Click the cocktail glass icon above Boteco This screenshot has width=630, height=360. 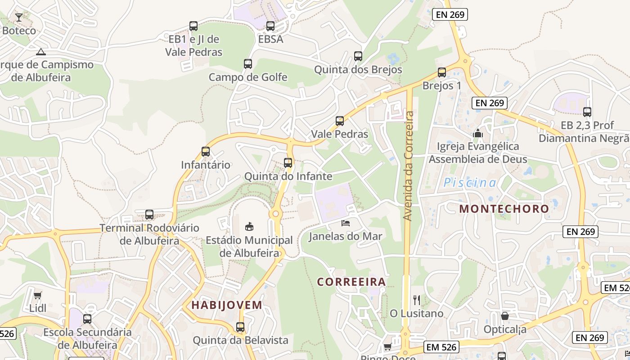(x=19, y=18)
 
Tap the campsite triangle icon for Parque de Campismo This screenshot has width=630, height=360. (x=41, y=52)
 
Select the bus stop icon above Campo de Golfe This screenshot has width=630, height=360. (x=248, y=64)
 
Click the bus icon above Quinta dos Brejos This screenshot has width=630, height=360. (x=358, y=56)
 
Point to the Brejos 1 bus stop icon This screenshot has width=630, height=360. (x=442, y=72)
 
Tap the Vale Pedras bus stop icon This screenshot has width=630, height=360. (x=340, y=121)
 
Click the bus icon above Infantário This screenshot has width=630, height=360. (x=206, y=152)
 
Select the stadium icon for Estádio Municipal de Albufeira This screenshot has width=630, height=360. (x=249, y=226)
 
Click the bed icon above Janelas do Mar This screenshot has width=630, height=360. (x=346, y=223)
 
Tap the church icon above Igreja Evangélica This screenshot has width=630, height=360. (x=478, y=133)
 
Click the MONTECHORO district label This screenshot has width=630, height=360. (x=504, y=209)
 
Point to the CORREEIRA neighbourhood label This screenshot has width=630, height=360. (x=351, y=282)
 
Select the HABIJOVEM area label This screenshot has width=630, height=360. (x=227, y=305)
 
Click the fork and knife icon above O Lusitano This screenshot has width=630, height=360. (x=417, y=300)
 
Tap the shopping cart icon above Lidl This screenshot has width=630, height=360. (x=38, y=295)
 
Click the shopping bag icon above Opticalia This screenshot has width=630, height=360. (x=505, y=316)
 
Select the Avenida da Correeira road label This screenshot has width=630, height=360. (x=408, y=166)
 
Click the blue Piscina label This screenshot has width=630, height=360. (x=470, y=183)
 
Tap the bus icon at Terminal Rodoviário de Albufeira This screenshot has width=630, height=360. (x=149, y=215)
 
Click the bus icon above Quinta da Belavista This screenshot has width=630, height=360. (x=240, y=327)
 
